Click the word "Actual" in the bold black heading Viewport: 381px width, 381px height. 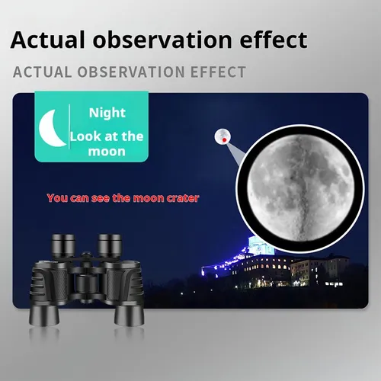click(47, 40)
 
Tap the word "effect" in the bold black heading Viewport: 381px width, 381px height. click(274, 40)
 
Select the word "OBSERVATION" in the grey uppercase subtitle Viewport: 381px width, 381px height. click(131, 72)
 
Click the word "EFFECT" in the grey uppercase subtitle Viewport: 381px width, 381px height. click(218, 72)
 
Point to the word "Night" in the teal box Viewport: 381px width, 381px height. click(107, 113)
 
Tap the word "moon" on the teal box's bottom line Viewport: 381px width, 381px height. click(107, 152)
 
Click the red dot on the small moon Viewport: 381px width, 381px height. click(224, 139)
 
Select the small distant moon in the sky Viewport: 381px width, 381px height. click(223, 136)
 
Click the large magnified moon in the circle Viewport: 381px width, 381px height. click(300, 188)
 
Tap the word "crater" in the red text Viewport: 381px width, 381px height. click(183, 198)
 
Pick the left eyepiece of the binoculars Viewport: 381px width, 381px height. click(63, 245)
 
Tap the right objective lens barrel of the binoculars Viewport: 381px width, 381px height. click(130, 315)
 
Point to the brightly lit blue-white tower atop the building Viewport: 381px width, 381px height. click(261, 245)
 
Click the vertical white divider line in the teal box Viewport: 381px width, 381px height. click(69, 126)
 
